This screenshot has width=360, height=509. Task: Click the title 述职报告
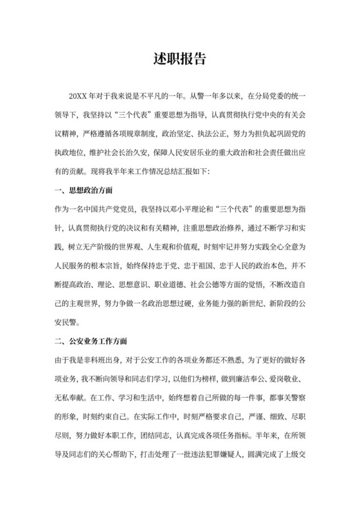coord(179,59)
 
